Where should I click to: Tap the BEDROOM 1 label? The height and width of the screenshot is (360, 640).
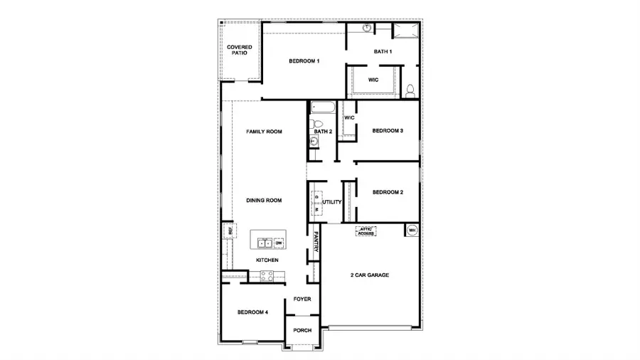point(304,61)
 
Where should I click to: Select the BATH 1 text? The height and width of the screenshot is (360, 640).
point(383,51)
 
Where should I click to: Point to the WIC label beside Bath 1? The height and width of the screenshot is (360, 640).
point(373,80)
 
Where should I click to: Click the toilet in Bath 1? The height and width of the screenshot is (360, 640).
point(410,91)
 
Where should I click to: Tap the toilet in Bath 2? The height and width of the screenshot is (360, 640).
point(316,123)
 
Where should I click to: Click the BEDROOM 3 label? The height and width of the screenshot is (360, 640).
point(388,131)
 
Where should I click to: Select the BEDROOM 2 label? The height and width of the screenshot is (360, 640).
point(388,192)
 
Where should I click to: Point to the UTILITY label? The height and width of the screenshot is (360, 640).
point(332,202)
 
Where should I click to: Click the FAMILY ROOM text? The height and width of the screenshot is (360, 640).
point(265,132)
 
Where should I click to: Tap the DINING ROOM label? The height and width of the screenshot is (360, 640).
point(265,201)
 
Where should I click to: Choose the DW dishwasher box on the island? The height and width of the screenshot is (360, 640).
point(278,243)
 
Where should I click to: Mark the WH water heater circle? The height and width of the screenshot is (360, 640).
point(412,230)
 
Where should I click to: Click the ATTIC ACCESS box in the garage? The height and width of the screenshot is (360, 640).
point(366,231)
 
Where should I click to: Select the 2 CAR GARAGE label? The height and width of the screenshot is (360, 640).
point(370,275)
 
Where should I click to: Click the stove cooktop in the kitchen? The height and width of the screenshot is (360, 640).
point(267,276)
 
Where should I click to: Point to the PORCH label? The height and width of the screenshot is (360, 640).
point(302,330)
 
